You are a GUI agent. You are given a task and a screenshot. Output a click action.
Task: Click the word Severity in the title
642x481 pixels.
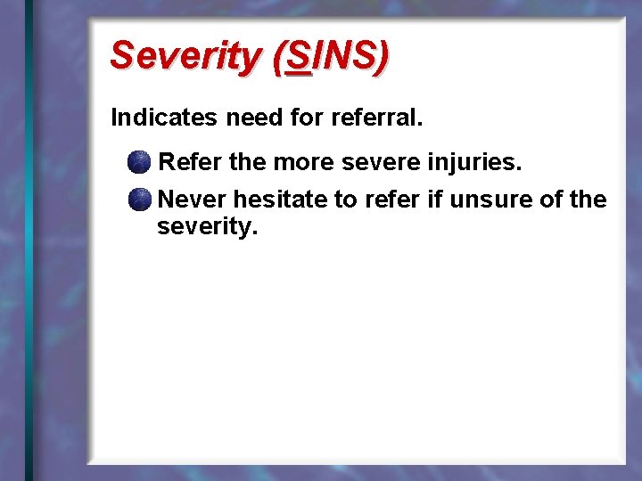(x=183, y=56)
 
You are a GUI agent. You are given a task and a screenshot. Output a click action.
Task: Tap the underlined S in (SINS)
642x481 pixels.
(x=300, y=56)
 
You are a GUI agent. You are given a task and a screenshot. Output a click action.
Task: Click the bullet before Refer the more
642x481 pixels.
(x=138, y=162)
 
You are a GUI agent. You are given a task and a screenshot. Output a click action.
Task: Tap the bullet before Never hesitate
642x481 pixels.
(x=138, y=200)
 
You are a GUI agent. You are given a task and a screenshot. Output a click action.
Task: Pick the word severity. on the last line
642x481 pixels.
(x=207, y=227)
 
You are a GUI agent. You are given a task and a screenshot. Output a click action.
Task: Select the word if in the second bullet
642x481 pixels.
(x=434, y=200)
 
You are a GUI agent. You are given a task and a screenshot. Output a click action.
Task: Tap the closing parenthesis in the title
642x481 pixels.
(x=381, y=56)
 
